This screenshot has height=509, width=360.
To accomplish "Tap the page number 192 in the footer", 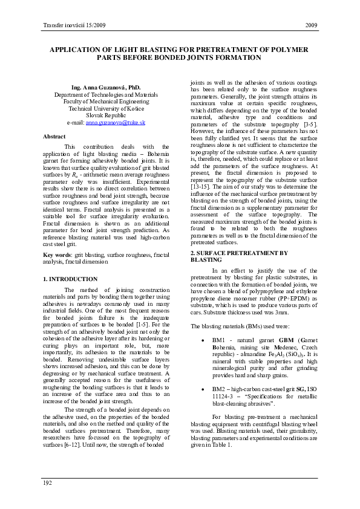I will pyautogui.click(x=47, y=482).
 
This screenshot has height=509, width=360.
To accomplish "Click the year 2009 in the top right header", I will pyautogui.click(x=312, y=25).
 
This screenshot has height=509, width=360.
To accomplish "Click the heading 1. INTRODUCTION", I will pyautogui.click(x=70, y=279).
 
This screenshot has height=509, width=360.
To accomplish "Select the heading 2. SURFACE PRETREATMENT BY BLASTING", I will pyautogui.click(x=239, y=256).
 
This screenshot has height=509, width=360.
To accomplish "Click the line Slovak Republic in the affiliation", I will pyautogui.click(x=106, y=115).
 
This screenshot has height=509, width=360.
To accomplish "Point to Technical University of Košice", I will pyautogui.click(x=106, y=108).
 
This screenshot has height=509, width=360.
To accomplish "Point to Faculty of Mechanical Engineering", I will pyautogui.click(x=106, y=102).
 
